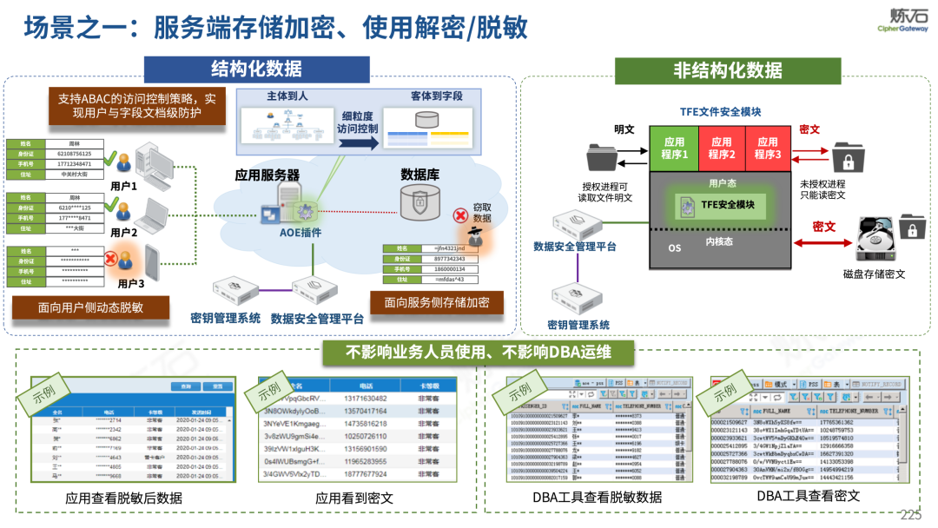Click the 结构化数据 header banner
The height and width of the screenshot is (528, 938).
point(257,69)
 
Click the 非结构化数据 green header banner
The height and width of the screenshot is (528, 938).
point(728,70)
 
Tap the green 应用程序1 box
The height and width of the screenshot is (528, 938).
point(674,148)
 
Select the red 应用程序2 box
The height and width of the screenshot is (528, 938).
point(721,148)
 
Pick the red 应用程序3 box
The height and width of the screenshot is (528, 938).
point(767,148)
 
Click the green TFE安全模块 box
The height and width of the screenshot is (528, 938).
point(720,205)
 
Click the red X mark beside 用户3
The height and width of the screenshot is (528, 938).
point(111,258)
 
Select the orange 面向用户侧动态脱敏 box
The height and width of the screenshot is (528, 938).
point(78,307)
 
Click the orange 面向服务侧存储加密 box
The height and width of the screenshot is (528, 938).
point(436,302)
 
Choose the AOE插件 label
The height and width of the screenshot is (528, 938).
point(301,234)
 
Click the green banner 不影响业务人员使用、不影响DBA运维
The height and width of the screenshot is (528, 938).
point(478,352)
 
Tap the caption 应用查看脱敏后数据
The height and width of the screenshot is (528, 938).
point(124,498)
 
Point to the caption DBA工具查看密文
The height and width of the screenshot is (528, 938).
point(808,496)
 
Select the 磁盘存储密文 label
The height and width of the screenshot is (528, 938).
point(874,274)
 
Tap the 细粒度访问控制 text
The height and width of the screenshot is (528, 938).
point(360,122)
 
